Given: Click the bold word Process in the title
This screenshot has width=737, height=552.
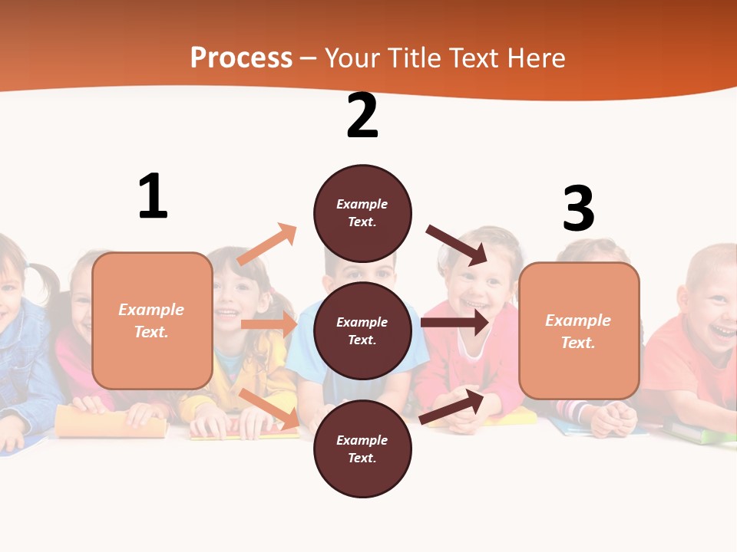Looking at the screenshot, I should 241,58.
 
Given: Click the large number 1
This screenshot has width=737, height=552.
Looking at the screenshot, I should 153,197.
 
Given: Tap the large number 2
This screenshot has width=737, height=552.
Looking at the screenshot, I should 362,117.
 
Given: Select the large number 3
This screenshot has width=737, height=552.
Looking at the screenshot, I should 578,209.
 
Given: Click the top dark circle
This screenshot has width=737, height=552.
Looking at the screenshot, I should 362,213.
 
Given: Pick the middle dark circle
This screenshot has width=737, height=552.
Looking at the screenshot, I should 362,330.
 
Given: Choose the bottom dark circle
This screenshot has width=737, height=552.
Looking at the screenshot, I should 362,449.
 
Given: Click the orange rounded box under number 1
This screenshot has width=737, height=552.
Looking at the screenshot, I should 152,320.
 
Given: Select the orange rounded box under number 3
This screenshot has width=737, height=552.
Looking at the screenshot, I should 579,330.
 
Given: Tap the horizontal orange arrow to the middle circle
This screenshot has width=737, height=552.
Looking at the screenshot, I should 269,324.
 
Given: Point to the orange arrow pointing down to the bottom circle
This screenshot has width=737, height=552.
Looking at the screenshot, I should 269,409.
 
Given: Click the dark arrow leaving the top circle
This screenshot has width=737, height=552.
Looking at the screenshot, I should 457,245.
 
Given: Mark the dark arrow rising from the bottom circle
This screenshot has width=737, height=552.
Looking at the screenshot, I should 451,407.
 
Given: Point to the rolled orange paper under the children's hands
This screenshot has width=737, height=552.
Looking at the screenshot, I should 111,422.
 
